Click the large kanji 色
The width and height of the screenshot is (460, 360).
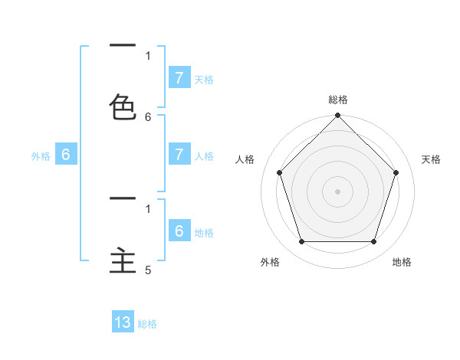[123, 107]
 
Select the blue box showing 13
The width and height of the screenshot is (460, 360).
[123, 322]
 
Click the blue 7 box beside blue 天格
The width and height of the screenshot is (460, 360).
[179, 77]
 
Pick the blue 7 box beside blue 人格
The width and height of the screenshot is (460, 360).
[179, 155]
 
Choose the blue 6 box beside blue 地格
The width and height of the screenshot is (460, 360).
[179, 231]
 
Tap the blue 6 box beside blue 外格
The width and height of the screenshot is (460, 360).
[66, 155]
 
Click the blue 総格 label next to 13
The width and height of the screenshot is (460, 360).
[147, 324]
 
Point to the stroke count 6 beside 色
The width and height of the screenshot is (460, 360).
[148, 117]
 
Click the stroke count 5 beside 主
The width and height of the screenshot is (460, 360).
[148, 270]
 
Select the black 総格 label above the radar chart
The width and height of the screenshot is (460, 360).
[337, 100]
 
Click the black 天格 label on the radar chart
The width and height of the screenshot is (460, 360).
[431, 159]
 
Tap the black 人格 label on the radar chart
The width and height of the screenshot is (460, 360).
[245, 159]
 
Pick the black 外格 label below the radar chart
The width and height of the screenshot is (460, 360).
[270, 262]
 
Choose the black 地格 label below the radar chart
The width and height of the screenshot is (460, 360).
[402, 262]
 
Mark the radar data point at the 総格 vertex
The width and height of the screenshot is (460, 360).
[337, 116]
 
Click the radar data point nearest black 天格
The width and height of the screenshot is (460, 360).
[396, 172]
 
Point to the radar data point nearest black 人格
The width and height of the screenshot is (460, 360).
[279, 172]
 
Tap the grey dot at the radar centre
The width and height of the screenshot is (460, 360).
[337, 191]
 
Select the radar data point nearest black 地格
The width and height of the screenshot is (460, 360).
[373, 241]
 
